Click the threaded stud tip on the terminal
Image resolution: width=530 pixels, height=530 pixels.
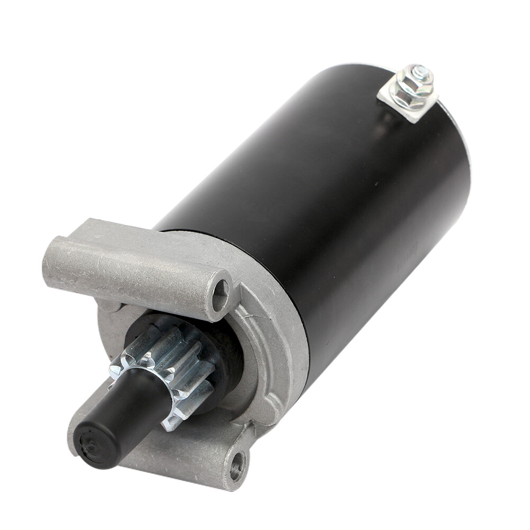tap(419, 70)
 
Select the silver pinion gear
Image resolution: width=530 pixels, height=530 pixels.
tap(169, 371)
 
